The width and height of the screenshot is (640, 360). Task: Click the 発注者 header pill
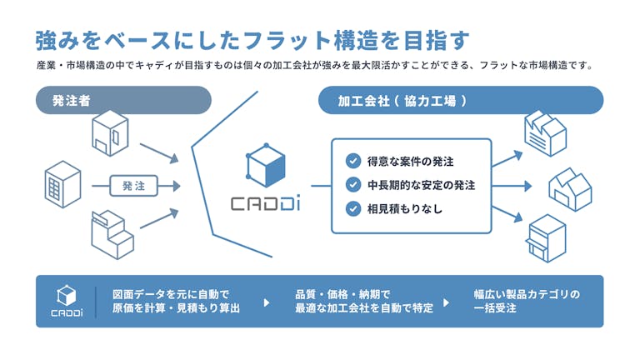[x=123, y=100]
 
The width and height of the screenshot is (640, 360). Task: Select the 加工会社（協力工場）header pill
[x=460, y=100]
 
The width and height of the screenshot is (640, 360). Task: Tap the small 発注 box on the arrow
[x=134, y=186]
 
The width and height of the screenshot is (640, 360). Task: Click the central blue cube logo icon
[x=266, y=165]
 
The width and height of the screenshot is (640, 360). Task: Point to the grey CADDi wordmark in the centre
[x=266, y=203]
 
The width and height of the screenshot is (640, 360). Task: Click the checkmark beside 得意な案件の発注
[x=353, y=161]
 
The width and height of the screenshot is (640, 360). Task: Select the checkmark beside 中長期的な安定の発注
[x=353, y=185]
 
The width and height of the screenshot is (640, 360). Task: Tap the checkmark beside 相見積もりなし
[x=353, y=208]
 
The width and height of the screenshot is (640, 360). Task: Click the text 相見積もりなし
[x=404, y=209]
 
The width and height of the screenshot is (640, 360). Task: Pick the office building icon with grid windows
[x=62, y=184]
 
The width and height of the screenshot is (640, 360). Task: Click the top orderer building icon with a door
[x=110, y=133]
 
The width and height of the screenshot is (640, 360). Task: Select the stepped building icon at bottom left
[x=112, y=235]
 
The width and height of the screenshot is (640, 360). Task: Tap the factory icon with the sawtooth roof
[x=545, y=133]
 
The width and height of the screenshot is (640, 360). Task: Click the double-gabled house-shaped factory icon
[x=570, y=189]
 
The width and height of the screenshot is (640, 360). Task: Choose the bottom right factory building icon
[x=547, y=238]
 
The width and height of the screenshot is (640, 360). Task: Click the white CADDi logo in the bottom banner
[x=67, y=301]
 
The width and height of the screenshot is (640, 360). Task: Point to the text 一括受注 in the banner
[x=495, y=308]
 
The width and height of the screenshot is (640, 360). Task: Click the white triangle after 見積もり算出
[x=267, y=302]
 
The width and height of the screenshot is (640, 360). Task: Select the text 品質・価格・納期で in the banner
[x=342, y=294]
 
